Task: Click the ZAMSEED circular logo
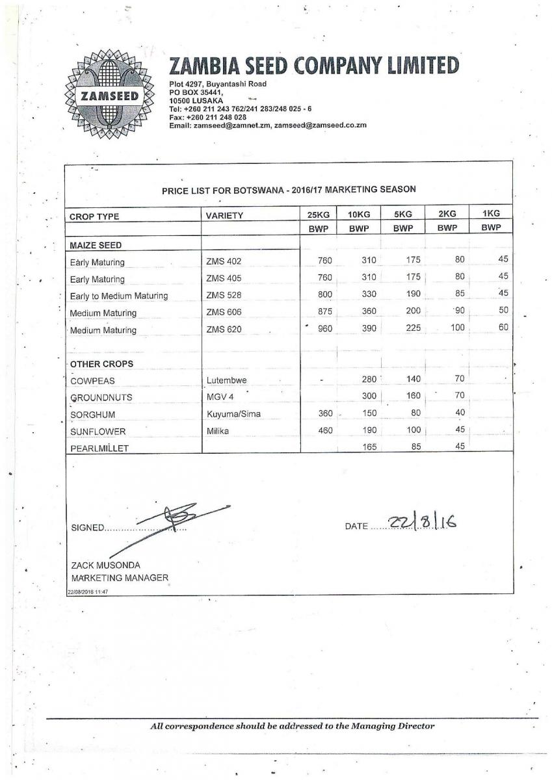click(109, 96)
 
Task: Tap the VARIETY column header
click(224, 216)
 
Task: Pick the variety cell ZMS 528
click(224, 296)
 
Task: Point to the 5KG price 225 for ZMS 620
click(412, 328)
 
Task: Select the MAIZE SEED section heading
click(96, 245)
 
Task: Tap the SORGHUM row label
click(93, 415)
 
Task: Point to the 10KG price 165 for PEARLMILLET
click(369, 447)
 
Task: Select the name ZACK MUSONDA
click(105, 565)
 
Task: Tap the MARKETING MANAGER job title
click(120, 578)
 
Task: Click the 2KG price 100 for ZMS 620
click(457, 328)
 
